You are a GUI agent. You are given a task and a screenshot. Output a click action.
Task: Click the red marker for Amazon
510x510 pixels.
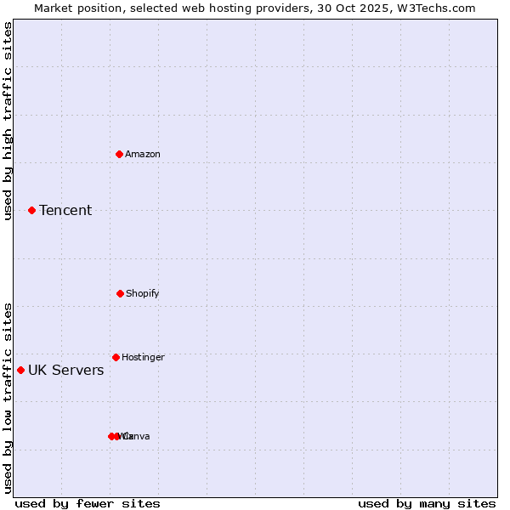(x=120, y=154)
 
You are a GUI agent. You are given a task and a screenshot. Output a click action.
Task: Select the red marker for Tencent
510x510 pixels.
(x=32, y=210)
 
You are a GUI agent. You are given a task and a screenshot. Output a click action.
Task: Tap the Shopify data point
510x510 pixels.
(x=120, y=293)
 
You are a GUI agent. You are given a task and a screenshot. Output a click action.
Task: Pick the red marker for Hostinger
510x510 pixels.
(x=116, y=357)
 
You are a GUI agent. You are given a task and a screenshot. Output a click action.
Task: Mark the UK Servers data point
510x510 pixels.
(x=21, y=370)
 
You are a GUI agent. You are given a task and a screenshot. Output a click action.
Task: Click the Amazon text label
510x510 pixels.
(x=143, y=154)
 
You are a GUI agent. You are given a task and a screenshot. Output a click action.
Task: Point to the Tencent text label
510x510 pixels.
(x=65, y=210)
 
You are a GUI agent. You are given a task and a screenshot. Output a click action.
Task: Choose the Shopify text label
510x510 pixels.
(x=143, y=293)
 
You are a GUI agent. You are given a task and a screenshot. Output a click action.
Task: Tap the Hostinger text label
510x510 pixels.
(x=143, y=357)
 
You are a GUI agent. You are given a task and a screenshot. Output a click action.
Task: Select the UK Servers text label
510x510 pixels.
(x=66, y=370)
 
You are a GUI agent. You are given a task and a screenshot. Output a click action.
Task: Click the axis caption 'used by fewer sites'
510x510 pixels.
(x=88, y=503)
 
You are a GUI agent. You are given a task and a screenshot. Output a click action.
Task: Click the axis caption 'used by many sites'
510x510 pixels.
(x=427, y=503)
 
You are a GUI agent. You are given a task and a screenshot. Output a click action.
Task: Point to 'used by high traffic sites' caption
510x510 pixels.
(x=8, y=122)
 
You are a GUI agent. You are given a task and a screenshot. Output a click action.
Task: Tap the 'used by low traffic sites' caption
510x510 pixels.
(x=8, y=398)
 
